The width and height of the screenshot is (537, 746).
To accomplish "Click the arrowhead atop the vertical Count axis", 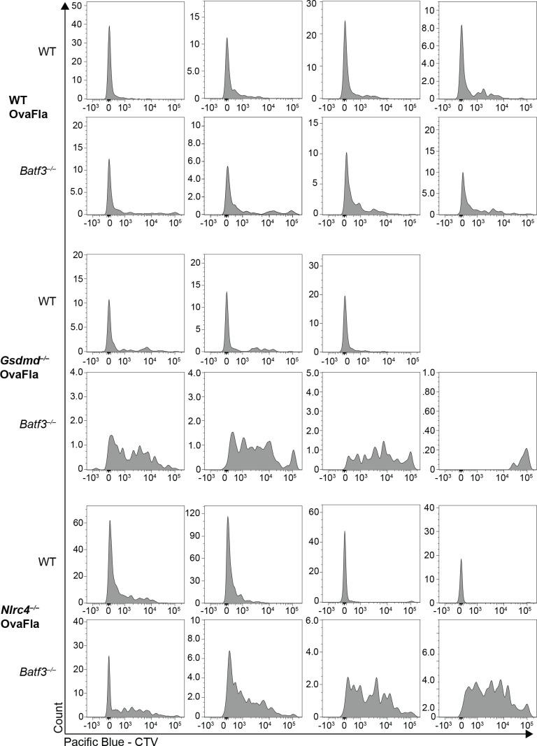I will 64,6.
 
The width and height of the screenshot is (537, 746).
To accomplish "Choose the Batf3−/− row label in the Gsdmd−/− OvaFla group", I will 41,423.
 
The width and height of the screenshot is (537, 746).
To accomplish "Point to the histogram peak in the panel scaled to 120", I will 227,517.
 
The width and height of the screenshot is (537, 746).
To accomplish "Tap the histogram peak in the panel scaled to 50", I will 109,27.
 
